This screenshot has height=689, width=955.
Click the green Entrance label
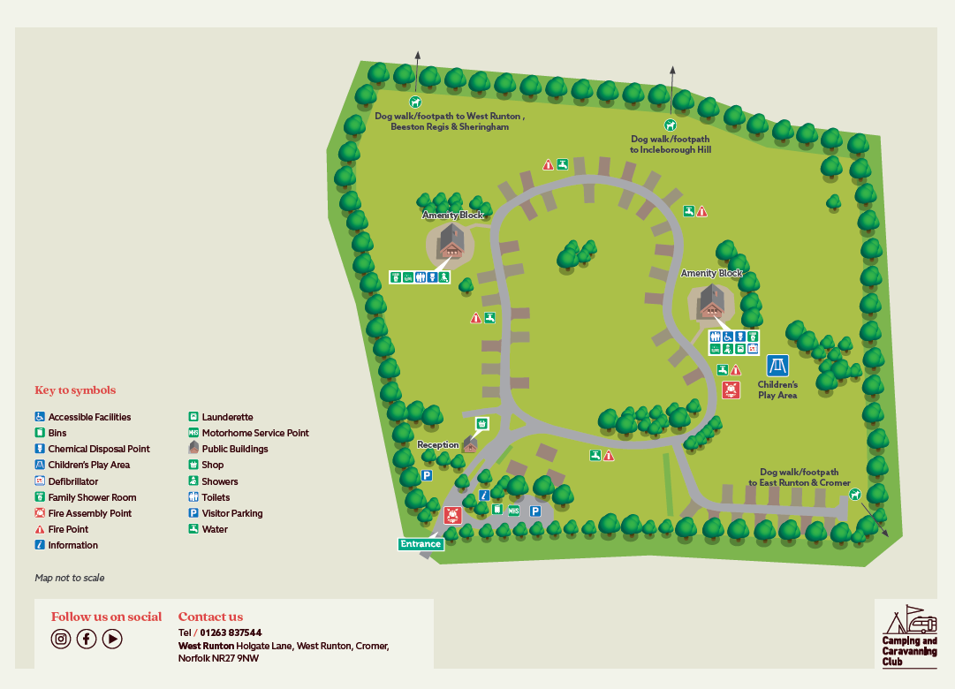coord(421,544)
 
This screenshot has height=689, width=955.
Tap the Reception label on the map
coord(438,445)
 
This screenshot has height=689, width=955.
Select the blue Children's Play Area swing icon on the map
coord(777,366)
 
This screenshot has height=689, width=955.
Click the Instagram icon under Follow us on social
coord(61,639)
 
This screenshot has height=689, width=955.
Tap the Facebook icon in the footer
coord(87,639)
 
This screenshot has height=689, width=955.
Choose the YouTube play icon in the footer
coord(112,639)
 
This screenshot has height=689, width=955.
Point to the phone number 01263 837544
coord(231,632)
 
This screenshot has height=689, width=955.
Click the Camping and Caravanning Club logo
coord(906,633)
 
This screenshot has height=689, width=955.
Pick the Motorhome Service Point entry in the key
coord(254,433)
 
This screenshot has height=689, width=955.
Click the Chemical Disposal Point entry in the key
coord(98,449)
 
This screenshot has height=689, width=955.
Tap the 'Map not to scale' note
coord(70,578)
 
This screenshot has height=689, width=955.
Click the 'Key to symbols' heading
coord(75,390)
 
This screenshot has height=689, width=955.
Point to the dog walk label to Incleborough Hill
coord(671,144)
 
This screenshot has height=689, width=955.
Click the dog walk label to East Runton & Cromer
coord(799,478)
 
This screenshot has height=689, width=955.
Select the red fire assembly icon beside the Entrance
coord(452,515)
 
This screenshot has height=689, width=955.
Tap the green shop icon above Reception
coord(481,424)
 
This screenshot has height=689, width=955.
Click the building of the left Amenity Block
coord(451,241)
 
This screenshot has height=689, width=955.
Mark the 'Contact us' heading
coord(210,617)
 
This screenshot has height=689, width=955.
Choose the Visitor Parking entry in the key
coord(231,513)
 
